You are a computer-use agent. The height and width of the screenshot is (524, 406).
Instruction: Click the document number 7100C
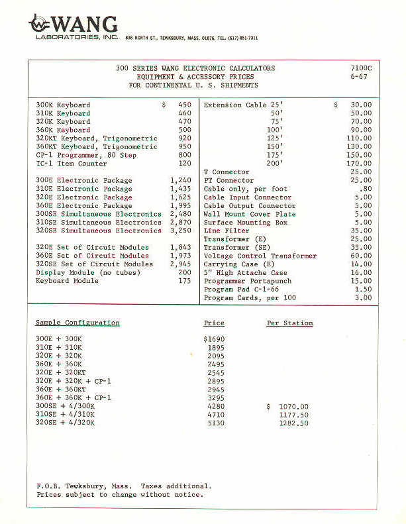[362, 68]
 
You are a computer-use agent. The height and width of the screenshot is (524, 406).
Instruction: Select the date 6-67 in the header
[360, 77]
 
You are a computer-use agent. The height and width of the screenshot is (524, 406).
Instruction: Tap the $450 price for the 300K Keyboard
[177, 105]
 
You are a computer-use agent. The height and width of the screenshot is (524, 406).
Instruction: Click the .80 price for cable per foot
[364, 189]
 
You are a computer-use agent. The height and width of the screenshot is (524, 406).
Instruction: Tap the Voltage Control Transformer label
[260, 256]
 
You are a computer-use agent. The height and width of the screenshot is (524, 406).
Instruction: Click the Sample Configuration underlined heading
[77, 323]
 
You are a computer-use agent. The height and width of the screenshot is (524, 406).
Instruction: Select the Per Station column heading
[289, 323]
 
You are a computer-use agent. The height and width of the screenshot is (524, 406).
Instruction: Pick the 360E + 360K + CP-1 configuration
[73, 397]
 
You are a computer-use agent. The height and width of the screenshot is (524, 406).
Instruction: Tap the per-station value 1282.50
[293, 423]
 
